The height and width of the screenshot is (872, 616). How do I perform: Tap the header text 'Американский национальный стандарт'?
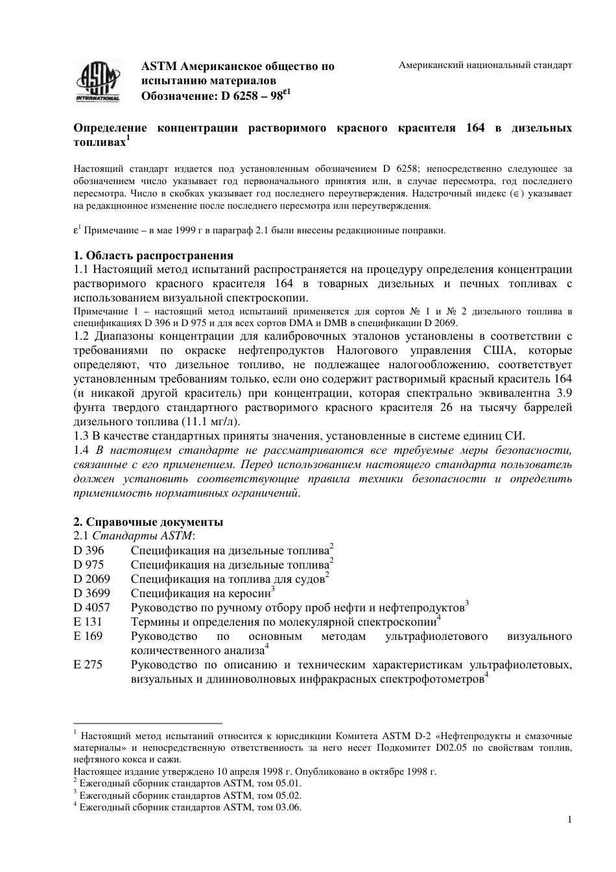(x=485, y=66)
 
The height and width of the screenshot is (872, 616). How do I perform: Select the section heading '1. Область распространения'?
(x=154, y=255)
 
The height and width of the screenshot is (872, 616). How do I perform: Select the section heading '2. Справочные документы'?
(x=148, y=522)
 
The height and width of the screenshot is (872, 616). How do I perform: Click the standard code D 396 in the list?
(x=89, y=551)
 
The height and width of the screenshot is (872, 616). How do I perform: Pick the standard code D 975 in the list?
(x=89, y=565)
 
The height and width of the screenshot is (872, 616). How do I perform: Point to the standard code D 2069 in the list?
(x=91, y=580)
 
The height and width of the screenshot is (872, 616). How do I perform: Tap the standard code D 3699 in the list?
(x=91, y=594)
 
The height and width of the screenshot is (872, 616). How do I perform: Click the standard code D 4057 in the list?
(x=91, y=608)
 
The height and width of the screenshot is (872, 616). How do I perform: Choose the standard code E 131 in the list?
(x=88, y=622)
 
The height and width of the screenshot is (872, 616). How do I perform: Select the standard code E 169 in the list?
(x=88, y=637)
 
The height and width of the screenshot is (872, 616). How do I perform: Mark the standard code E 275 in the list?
(x=88, y=665)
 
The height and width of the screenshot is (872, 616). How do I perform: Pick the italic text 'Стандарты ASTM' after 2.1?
(x=143, y=536)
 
